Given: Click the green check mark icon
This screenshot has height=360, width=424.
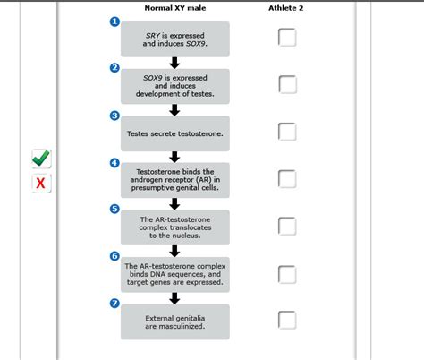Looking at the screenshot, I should [41, 159].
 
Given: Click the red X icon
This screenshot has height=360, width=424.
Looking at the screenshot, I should [41, 184].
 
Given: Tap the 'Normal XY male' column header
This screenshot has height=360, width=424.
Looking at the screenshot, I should [174, 8].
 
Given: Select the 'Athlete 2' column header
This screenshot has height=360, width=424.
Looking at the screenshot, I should [286, 8].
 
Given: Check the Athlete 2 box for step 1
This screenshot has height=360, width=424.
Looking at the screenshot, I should [287, 37].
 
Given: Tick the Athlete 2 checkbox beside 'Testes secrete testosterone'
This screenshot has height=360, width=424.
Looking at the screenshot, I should [287, 132].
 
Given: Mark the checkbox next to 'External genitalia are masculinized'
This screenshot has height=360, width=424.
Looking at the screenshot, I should [287, 320].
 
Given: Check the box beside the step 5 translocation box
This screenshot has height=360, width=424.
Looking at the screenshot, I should [287, 226].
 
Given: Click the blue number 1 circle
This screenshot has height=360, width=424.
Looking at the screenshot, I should [114, 21].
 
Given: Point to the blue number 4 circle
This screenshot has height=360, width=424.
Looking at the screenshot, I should [114, 163].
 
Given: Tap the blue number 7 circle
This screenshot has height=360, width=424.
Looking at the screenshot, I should [114, 304].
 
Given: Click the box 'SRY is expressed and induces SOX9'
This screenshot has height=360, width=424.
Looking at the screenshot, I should [174, 39].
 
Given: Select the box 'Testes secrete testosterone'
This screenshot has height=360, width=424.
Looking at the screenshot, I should [174, 133].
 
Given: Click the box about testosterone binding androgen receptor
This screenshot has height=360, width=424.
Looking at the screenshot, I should [174, 180].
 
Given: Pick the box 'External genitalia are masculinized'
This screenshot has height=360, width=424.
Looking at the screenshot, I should [174, 321].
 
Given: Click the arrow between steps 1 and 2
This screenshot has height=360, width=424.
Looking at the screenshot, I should [174, 63].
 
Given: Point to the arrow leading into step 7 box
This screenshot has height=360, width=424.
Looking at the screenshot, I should [174, 297].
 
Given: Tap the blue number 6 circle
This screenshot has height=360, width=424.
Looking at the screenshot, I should [114, 256].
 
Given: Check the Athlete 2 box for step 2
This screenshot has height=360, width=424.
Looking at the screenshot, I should [287, 84].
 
